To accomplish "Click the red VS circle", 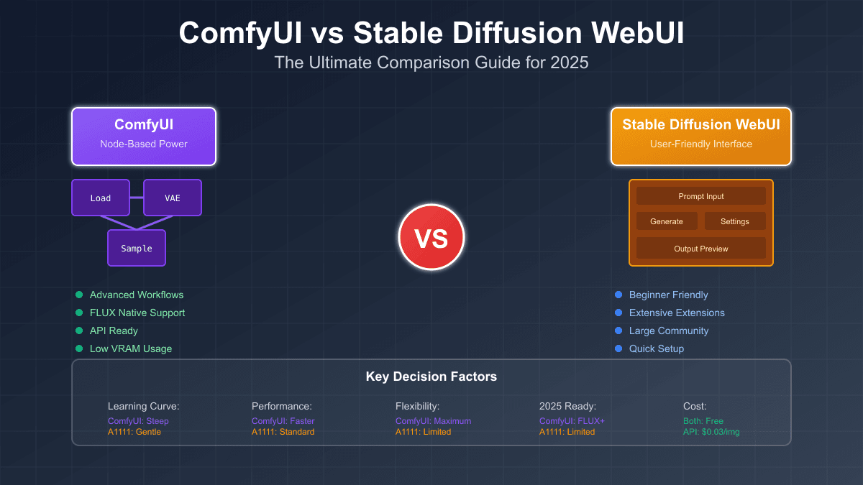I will click(431, 237).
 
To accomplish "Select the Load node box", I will click(101, 198).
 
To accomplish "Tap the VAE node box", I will click(173, 198).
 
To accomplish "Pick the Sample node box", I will click(137, 248).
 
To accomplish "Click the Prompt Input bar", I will click(701, 196).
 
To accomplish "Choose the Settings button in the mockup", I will click(735, 221).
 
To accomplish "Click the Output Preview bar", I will click(701, 249).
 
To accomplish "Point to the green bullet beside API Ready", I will click(79, 331).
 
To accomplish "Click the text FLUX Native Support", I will click(137, 313).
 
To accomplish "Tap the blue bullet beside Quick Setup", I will click(618, 348).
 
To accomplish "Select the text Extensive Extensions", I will click(677, 313).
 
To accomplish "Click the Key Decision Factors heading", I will click(431, 377).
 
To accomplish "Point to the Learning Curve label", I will click(143, 406).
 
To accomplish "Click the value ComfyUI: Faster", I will click(283, 421).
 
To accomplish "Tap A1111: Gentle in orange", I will click(134, 432).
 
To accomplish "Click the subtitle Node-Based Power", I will click(144, 144).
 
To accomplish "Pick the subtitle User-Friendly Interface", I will click(701, 144).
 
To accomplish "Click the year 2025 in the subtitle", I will click(571, 63).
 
